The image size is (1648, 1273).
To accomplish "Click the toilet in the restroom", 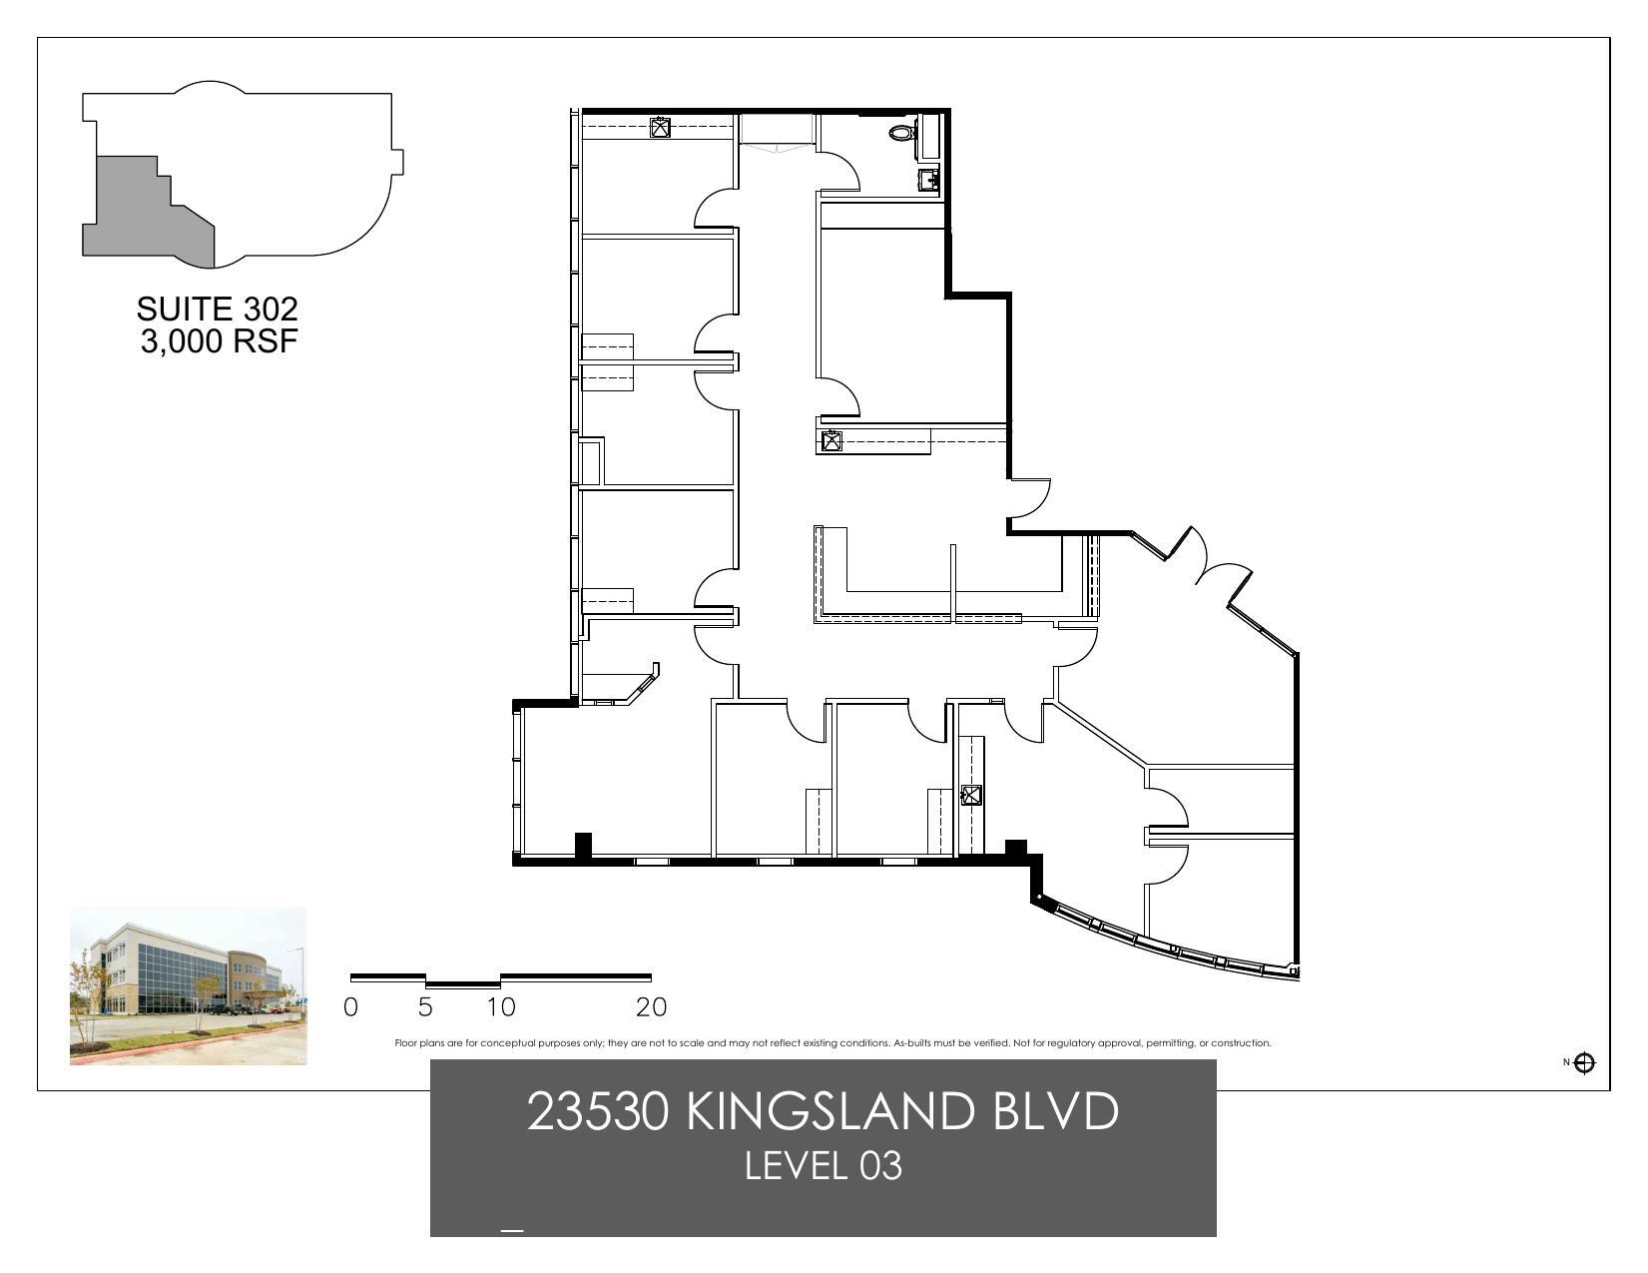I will point(901,132).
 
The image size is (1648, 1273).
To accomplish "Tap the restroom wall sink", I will point(928,180).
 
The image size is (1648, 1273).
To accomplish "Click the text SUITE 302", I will point(218,309).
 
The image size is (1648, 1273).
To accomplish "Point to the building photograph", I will point(188,985).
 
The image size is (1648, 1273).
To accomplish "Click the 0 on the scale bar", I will point(350,1007).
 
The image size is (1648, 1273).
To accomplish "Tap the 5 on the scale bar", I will point(425,1007).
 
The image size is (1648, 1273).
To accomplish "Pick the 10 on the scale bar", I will point(501,1007).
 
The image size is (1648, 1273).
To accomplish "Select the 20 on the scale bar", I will point(651,1007).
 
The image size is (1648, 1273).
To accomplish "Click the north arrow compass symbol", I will point(1584,1062).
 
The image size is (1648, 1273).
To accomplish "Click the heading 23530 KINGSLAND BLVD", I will point(823,1111).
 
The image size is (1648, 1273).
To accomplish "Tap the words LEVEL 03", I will point(823,1165).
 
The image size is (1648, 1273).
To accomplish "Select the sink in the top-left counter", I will point(660,128).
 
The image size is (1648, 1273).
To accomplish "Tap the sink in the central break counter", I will point(830,441).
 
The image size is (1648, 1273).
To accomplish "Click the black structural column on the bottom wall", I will point(583,845).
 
